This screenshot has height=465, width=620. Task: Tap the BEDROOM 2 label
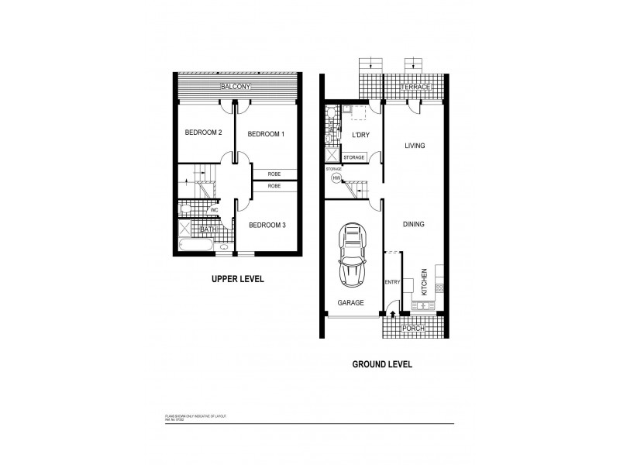(203, 133)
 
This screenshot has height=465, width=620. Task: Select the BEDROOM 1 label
(266, 135)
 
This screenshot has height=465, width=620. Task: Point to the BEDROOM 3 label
(267, 226)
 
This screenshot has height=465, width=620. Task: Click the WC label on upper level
(214, 210)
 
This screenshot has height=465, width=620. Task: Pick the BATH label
(208, 229)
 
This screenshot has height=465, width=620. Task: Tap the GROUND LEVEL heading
(382, 363)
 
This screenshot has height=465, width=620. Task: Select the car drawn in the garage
(353, 256)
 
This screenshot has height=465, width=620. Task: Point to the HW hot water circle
(336, 177)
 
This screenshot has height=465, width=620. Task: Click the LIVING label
(416, 146)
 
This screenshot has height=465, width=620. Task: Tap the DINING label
(414, 225)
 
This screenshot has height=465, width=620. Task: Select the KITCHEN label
(424, 282)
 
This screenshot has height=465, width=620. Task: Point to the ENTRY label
(392, 282)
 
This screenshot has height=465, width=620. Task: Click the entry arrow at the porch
(393, 315)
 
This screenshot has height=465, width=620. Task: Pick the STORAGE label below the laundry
(353, 157)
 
